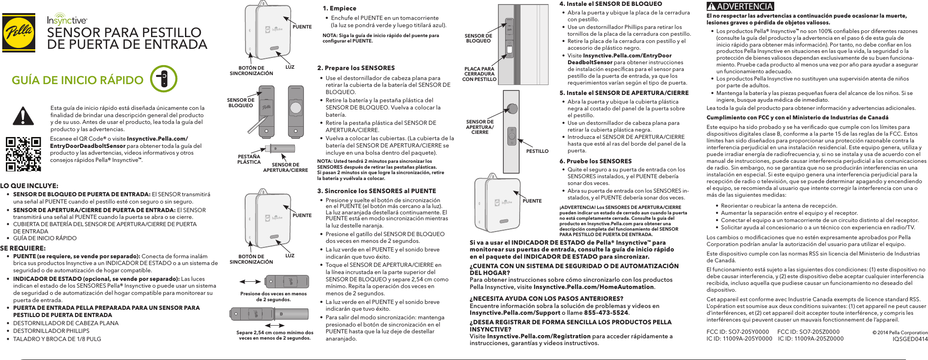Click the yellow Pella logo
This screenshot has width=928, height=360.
coord(19,33)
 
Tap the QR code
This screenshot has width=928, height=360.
coord(23,154)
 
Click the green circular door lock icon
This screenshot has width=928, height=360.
coord(163,79)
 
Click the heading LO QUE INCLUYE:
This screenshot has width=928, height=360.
coord(29,186)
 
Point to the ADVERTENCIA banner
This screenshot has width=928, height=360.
coord(740,6)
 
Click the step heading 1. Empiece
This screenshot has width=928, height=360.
coord(339,8)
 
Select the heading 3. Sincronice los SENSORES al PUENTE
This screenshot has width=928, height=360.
coord(376,191)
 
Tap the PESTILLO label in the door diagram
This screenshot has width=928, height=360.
coord(537,151)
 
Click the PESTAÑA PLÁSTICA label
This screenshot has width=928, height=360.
coord(249,159)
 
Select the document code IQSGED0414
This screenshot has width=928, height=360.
coord(909,339)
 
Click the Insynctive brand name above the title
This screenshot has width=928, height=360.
coord(67,20)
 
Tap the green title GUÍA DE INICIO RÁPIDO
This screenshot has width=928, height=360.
coord(77,80)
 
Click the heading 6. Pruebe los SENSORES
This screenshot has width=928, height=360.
coord(595,161)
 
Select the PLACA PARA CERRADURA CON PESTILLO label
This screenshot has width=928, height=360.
coord(479,74)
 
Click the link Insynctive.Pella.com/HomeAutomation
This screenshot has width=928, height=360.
coord(593,287)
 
